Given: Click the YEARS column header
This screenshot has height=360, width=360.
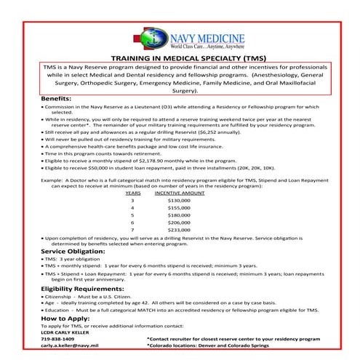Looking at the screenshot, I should coord(133,192).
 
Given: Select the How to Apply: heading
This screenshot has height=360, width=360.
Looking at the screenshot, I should coord(66,319).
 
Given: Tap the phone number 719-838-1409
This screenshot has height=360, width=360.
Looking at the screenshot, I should coord(58,339).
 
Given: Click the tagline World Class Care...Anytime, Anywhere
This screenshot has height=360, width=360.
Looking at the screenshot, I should coord(192,45).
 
